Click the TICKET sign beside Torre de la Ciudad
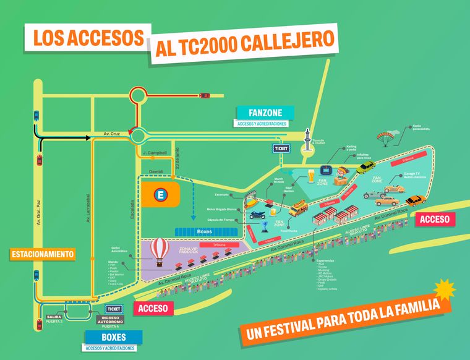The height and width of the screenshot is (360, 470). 281,148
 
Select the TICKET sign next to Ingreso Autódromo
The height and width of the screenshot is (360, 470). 114,309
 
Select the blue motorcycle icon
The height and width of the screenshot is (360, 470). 257,215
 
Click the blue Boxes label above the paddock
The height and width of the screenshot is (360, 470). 203,231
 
